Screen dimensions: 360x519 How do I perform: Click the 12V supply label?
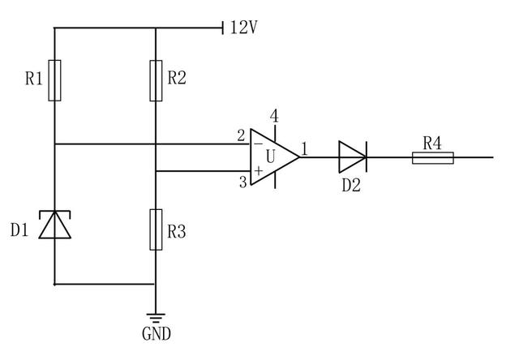(x=243, y=28)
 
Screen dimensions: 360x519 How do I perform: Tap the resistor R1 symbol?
(x=54, y=79)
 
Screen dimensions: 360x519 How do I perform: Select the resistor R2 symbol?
(x=155, y=79)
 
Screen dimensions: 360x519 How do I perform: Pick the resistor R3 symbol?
(x=155, y=229)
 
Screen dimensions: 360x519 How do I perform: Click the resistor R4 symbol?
(x=432, y=156)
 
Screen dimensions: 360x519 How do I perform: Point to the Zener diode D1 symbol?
(x=54, y=225)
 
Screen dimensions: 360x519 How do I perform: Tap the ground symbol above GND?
(x=155, y=318)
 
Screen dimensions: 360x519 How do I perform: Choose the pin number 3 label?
(x=242, y=182)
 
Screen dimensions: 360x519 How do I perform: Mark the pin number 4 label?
(x=274, y=116)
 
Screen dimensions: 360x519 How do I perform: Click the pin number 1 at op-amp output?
(x=304, y=148)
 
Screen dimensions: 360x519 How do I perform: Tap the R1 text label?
(x=32, y=79)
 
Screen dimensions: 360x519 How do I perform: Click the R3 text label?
(x=177, y=232)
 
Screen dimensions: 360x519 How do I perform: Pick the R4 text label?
(x=432, y=143)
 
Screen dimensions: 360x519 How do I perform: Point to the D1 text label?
(x=20, y=231)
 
